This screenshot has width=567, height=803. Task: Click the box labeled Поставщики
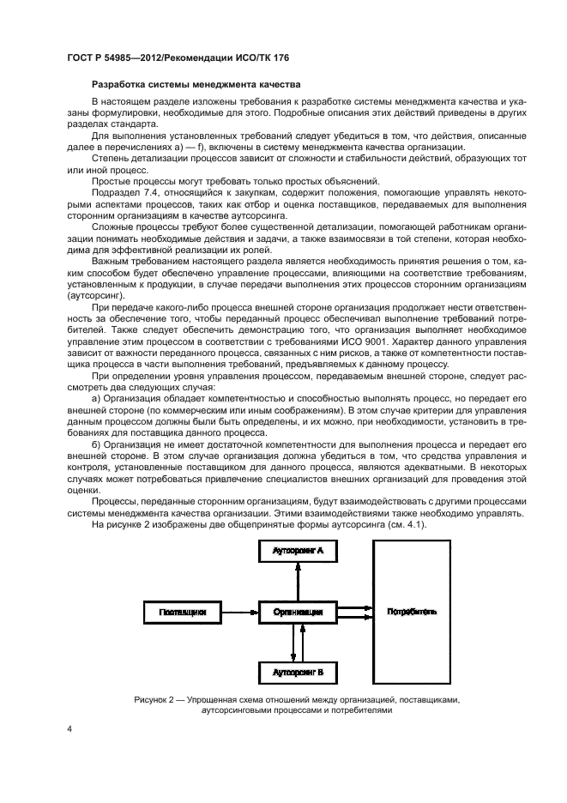coord(180,612)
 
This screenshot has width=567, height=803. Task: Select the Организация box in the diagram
coord(298,612)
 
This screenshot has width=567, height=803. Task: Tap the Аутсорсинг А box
coord(298,552)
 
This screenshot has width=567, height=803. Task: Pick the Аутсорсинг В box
coord(298,673)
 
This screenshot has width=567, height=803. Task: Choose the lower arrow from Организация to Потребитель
coord(354,616)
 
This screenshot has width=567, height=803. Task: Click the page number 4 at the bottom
coord(69,729)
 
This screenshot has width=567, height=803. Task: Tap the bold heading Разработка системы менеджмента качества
coord(195,85)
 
